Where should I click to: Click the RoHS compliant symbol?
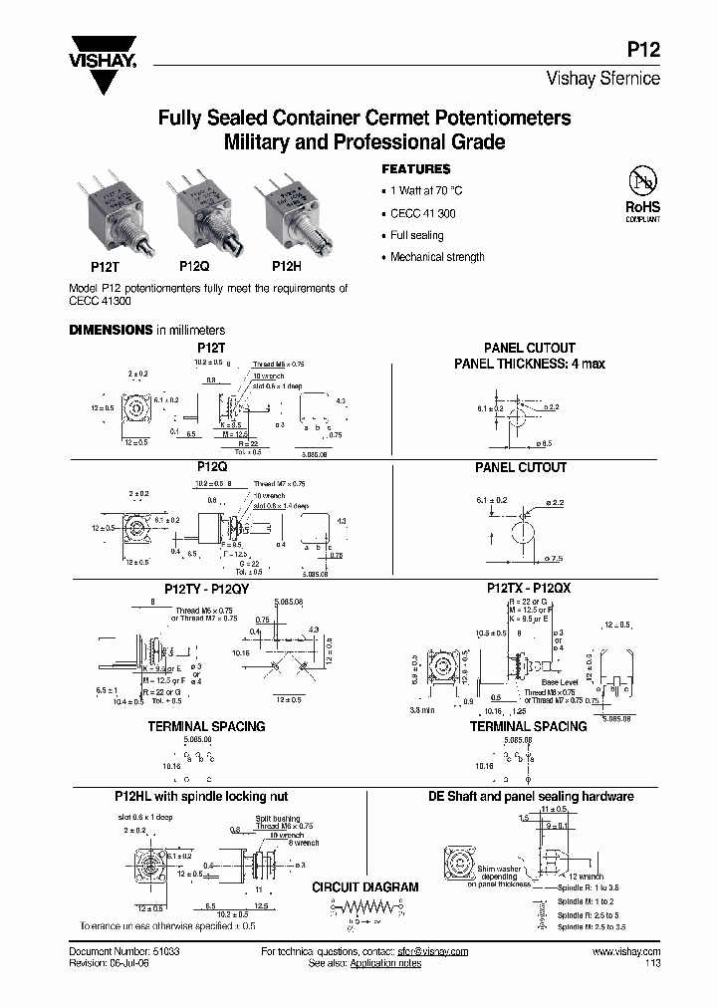click(x=642, y=193)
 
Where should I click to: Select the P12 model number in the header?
click(x=644, y=56)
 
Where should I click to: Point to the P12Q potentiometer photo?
click(x=203, y=214)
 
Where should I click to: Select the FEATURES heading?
click(x=416, y=169)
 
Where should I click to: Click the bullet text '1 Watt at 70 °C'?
click(x=426, y=190)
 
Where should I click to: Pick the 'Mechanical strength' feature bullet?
click(x=437, y=257)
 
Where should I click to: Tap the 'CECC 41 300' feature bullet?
click(x=423, y=213)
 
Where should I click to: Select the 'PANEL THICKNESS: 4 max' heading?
click(x=529, y=364)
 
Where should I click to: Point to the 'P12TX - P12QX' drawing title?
click(x=528, y=589)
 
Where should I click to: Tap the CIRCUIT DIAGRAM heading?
click(x=365, y=886)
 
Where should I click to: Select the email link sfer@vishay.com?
click(x=432, y=952)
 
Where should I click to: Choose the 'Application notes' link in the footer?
click(x=389, y=964)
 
